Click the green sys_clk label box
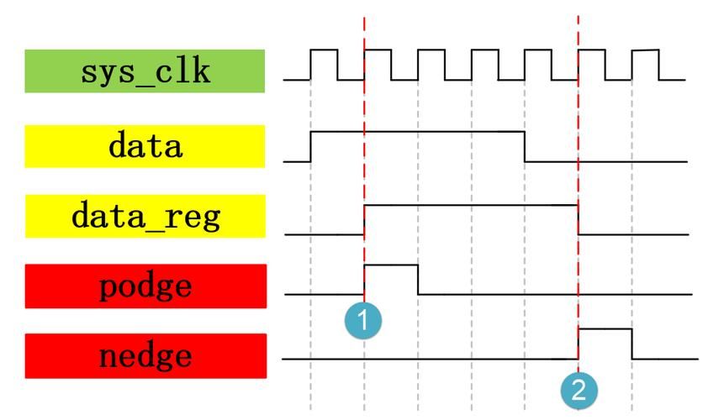145,71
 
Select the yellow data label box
145,146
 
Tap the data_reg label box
145,216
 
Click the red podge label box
145,286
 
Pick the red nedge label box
145,356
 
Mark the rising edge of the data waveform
311,146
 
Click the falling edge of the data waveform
526,146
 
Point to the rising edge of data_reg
364,219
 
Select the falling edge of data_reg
579,219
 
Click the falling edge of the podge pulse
418,280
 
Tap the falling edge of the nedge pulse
632,344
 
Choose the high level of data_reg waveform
471,205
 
